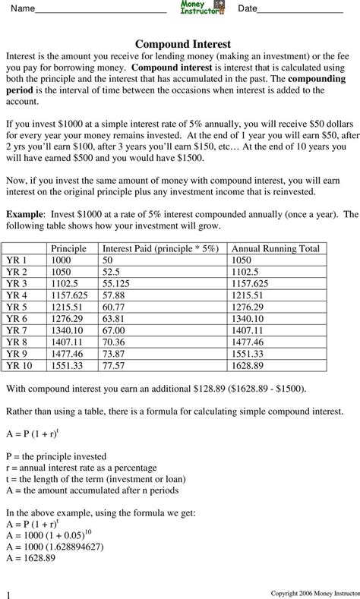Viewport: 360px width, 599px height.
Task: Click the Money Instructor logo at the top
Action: tap(202, 8)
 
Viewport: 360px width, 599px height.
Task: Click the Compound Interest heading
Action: tap(182, 45)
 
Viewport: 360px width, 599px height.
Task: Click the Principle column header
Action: tap(68, 248)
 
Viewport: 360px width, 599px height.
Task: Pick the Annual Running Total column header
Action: tap(275, 248)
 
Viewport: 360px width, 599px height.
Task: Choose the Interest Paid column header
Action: tap(160, 248)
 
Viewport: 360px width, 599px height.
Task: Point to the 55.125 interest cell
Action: tap(119, 283)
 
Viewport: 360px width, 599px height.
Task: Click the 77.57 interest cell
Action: tap(115, 364)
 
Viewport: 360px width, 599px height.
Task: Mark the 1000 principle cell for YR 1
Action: tap(62, 260)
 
